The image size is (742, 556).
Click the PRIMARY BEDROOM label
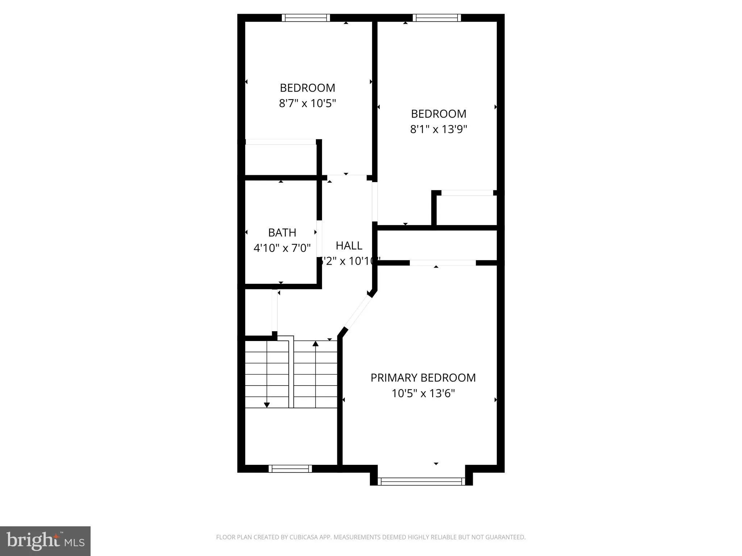(x=423, y=378)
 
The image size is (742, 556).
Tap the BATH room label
(x=282, y=232)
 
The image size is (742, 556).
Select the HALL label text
(x=349, y=246)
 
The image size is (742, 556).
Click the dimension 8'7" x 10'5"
(x=307, y=104)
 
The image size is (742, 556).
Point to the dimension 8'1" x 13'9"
(x=438, y=129)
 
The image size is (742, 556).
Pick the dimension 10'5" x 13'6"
(x=423, y=393)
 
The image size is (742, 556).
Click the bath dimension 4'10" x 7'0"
(x=282, y=248)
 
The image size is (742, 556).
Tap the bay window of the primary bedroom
(x=421, y=481)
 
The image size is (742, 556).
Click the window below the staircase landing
(x=290, y=469)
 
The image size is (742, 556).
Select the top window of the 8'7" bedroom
(x=306, y=18)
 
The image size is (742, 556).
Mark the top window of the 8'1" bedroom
(x=437, y=18)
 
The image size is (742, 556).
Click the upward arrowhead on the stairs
(x=316, y=344)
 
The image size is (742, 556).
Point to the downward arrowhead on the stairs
(x=267, y=405)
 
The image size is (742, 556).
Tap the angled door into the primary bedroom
(x=357, y=312)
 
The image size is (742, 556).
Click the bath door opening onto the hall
(x=319, y=238)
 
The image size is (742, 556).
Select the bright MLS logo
(x=45, y=541)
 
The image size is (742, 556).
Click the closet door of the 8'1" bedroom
(x=467, y=193)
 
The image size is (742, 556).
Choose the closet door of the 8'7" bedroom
(x=281, y=142)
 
